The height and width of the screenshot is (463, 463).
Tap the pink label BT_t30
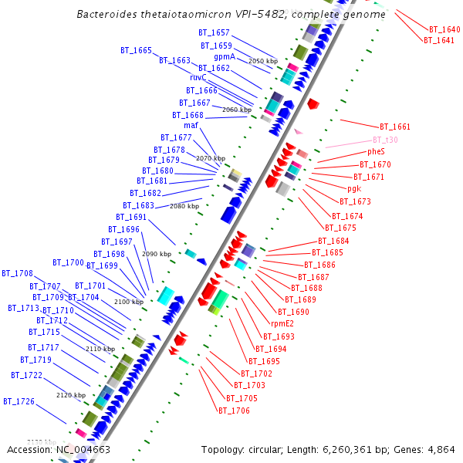pyautogui.click(x=385, y=140)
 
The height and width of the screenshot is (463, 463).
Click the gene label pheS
pyautogui.click(x=376, y=152)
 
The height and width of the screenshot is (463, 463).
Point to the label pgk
pyautogui.click(x=354, y=188)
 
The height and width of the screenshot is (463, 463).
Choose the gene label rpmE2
pyautogui.click(x=282, y=324)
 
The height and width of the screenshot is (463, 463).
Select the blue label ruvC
pyautogui.click(x=198, y=78)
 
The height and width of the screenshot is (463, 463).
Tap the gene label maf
pyautogui.click(x=191, y=125)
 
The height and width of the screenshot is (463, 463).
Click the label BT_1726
pyautogui.click(x=19, y=401)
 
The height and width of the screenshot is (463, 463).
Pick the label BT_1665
pyautogui.click(x=136, y=50)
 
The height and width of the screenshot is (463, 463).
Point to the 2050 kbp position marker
pyautogui.click(x=262, y=60)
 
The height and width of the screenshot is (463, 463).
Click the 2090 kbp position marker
pyautogui.click(x=156, y=254)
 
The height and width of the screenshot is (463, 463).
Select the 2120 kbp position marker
pyautogui.click(x=70, y=395)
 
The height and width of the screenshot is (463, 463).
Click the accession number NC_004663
pyautogui.click(x=83, y=449)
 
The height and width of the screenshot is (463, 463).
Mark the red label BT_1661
pyautogui.click(x=394, y=127)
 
